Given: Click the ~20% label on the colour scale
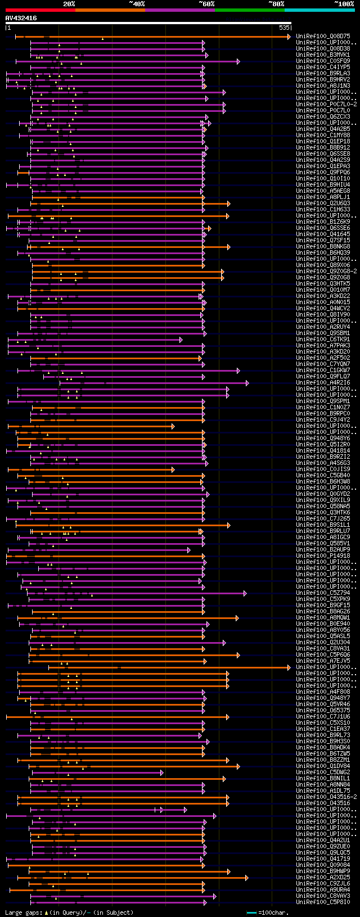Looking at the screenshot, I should [x=69, y=4].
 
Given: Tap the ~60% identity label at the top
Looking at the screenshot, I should [x=206, y=4].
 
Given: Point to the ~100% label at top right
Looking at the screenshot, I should [x=344, y=4].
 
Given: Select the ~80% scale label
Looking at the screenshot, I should [x=276, y=4].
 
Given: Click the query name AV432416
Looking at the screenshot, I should [x=21, y=18].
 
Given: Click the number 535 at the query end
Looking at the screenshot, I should [x=284, y=28].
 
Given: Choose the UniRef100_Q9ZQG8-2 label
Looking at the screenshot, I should [x=326, y=272].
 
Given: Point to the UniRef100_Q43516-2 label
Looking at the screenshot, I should [x=326, y=797].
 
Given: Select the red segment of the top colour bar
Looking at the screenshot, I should [x=40, y=10].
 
